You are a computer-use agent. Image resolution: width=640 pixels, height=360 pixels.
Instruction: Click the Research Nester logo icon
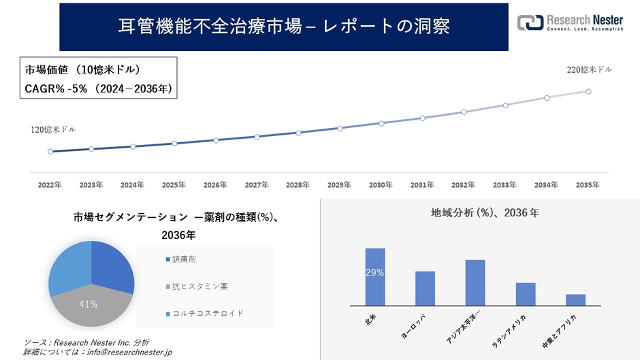click(x=531, y=22)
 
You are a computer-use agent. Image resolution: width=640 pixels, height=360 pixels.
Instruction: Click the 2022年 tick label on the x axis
click(x=50, y=185)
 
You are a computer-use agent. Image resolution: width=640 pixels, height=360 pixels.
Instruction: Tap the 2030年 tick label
click(x=381, y=185)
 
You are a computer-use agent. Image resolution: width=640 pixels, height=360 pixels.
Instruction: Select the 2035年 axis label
click(x=588, y=185)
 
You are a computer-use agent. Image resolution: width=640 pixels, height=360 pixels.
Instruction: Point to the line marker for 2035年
click(x=588, y=91)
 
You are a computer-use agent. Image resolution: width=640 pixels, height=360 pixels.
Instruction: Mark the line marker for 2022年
click(x=50, y=151)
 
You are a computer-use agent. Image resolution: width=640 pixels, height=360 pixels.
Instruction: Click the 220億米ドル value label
click(x=590, y=69)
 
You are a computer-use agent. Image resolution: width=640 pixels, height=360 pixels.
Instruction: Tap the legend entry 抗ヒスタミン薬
click(x=198, y=286)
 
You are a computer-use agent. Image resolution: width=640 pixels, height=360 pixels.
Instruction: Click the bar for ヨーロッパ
click(x=425, y=289)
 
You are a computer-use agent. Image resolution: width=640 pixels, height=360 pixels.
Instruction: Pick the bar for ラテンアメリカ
click(x=526, y=294)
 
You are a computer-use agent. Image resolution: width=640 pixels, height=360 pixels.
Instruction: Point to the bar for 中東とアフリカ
click(x=575, y=300)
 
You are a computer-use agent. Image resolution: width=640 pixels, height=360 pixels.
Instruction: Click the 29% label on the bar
click(x=375, y=273)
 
